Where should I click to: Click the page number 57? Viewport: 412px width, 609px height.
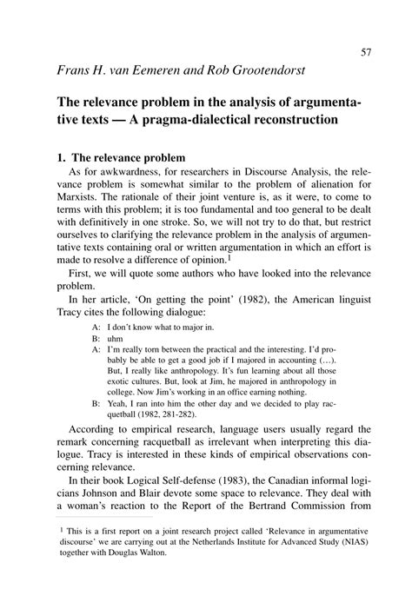click(366, 52)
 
